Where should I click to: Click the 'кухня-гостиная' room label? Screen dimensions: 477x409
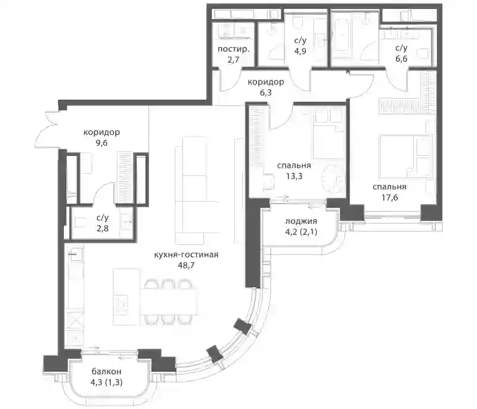tap(186, 254)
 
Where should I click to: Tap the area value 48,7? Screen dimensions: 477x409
tap(186, 265)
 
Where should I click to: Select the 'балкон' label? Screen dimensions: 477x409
tap(107, 371)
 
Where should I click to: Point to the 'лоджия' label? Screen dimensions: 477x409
tap(301, 222)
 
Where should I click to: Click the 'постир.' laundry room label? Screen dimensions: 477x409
tap(233, 50)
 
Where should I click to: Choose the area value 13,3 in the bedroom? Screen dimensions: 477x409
tap(294, 176)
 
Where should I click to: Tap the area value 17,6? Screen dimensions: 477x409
tap(390, 198)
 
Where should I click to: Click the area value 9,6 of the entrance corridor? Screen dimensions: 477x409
tap(101, 143)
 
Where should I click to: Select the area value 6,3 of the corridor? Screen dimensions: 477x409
tap(265, 93)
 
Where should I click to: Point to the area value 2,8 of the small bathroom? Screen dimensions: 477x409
tap(103, 228)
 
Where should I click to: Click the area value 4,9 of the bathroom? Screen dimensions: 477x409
tap(300, 51)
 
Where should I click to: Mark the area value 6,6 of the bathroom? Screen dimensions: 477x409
tap(401, 59)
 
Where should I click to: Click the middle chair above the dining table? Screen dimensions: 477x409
tap(167, 284)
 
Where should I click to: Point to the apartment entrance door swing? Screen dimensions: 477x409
tap(50, 130)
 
